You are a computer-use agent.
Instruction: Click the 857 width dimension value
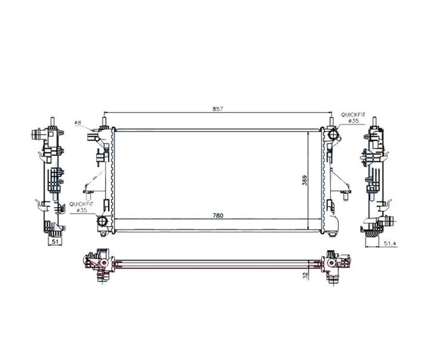tap(218, 109)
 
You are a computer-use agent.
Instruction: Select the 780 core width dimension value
tap(218, 215)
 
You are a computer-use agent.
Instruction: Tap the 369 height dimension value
tap(305, 181)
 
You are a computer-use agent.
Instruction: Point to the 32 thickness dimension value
tap(305, 275)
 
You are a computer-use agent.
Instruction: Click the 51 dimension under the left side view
tap(55, 241)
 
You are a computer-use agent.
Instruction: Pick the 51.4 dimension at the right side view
tap(390, 244)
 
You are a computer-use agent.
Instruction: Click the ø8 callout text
tap(77, 122)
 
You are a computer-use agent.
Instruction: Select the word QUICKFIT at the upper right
tap(353, 115)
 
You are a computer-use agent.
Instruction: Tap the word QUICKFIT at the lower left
tap(82, 204)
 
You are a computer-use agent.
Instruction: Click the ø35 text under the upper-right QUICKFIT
tap(354, 121)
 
